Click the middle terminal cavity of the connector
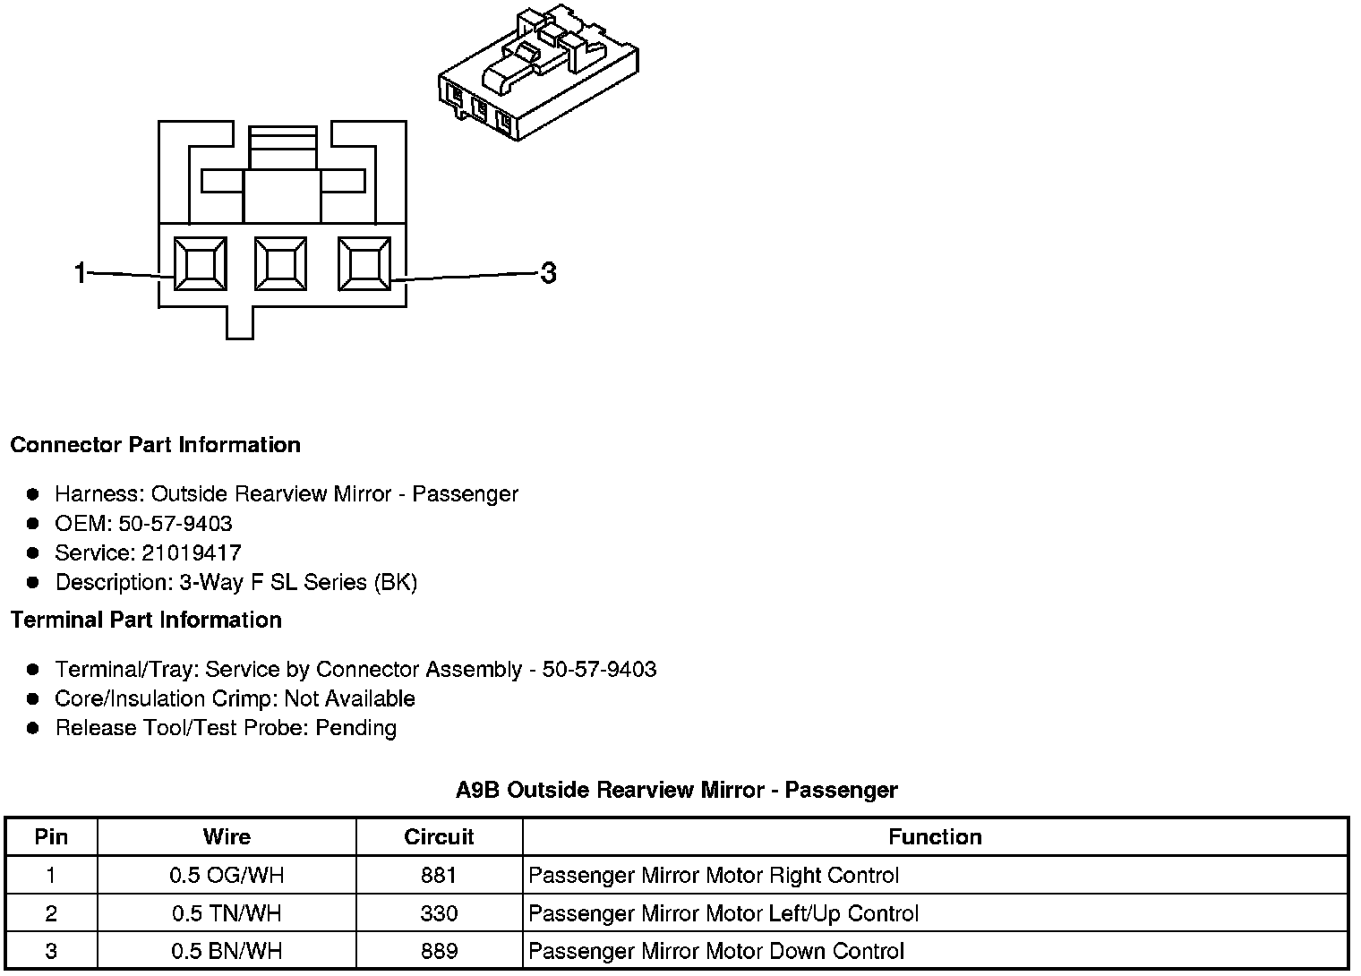click(281, 264)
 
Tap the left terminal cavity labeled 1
click(200, 265)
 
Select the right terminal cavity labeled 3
click(364, 264)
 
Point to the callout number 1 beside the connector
click(81, 272)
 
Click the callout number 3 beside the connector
click(548, 273)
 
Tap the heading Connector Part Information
click(155, 445)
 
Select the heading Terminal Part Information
click(146, 620)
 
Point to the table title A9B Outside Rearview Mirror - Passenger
click(676, 790)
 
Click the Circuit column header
click(439, 837)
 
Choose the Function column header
click(935, 837)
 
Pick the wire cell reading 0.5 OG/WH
click(227, 875)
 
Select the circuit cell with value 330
click(439, 913)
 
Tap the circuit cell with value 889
click(439, 951)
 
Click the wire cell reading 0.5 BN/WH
click(227, 951)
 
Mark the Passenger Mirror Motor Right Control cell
click(714, 875)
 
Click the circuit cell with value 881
click(439, 875)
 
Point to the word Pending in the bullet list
click(355, 728)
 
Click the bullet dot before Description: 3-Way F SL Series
click(33, 583)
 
